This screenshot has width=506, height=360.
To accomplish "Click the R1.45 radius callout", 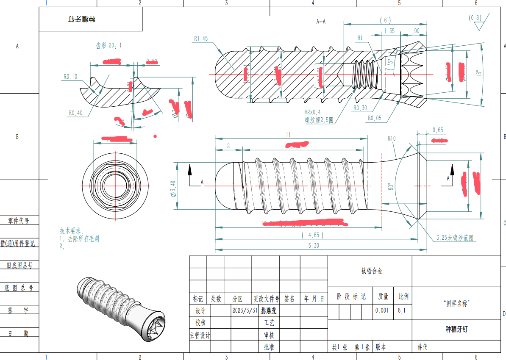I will (x=201, y=39).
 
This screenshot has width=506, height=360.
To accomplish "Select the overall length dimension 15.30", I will (x=312, y=246).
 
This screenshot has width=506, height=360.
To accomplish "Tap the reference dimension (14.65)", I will (x=312, y=235).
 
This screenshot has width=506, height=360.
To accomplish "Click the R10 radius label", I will (x=391, y=138).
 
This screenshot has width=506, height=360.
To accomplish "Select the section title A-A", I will (x=321, y=21).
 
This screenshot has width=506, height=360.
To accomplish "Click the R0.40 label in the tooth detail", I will (x=75, y=113).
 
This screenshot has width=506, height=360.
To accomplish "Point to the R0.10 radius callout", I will (x=70, y=77).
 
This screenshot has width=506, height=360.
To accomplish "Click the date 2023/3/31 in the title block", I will (x=245, y=310).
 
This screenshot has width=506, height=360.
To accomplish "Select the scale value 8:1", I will (x=401, y=310).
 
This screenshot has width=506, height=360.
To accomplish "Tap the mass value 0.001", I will (x=381, y=310).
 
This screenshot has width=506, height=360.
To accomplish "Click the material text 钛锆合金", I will (x=371, y=271).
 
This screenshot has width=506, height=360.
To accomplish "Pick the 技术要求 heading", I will (x=72, y=230).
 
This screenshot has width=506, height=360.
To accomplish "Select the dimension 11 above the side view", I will (x=288, y=135).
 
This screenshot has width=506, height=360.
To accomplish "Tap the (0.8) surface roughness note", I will (x=475, y=18).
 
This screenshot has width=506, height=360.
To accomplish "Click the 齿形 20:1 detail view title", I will (x=108, y=45).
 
